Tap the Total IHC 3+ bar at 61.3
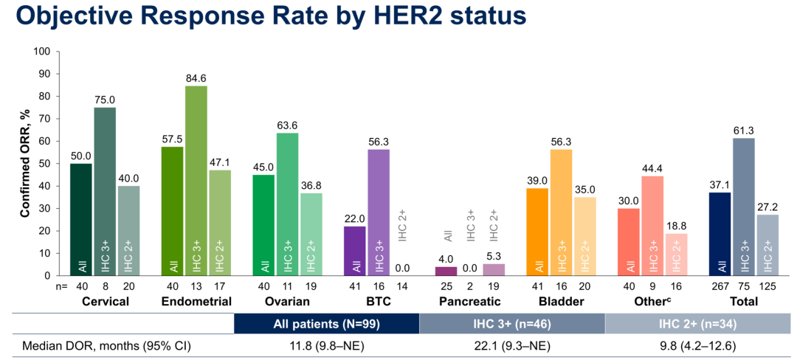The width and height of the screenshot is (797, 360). pyautogui.click(x=744, y=207)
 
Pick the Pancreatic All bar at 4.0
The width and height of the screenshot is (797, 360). pyautogui.click(x=447, y=271)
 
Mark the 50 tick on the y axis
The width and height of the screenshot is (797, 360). pyautogui.click(x=45, y=164)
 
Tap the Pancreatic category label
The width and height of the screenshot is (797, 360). pyautogui.click(x=470, y=301)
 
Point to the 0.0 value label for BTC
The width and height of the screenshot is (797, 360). pyautogui.click(x=403, y=269)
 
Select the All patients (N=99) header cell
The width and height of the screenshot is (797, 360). pyautogui.click(x=326, y=323)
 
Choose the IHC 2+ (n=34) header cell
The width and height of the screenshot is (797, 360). pyautogui.click(x=697, y=323)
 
